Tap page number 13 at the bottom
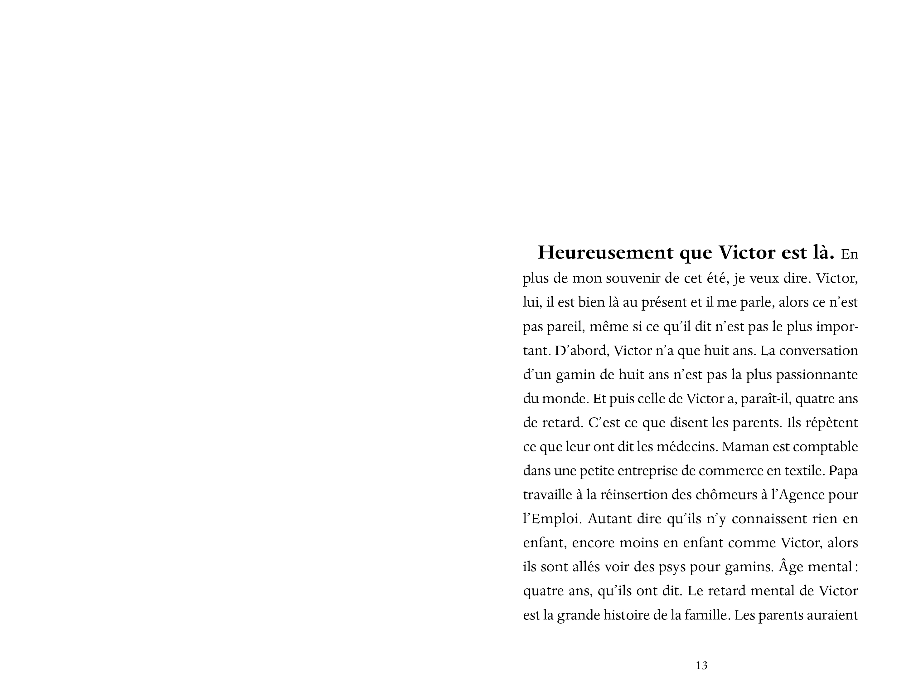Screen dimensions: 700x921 click(701, 665)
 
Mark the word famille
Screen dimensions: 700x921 click(707, 615)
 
